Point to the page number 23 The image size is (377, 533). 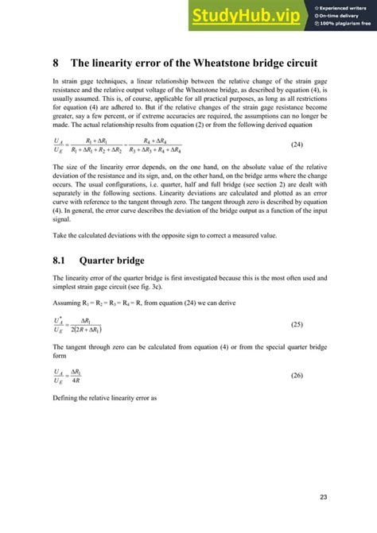click(x=324, y=497)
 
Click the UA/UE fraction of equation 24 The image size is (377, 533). click(x=58, y=145)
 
